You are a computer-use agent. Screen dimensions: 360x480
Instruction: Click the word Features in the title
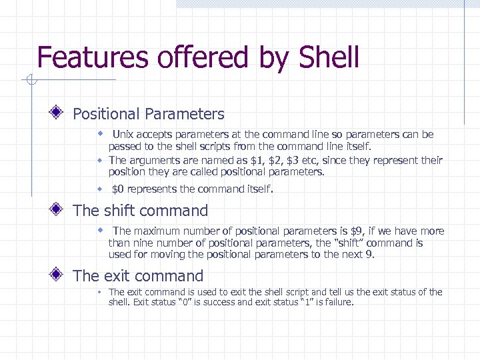93,57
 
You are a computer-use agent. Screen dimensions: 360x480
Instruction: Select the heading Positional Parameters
148,114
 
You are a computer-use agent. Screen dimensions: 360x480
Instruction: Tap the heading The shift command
140,211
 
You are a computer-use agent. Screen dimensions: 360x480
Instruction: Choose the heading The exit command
137,275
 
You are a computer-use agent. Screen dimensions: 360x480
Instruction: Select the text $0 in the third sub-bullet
118,189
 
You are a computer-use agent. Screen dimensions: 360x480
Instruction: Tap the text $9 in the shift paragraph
357,231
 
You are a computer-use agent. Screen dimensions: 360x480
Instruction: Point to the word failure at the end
337,302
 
